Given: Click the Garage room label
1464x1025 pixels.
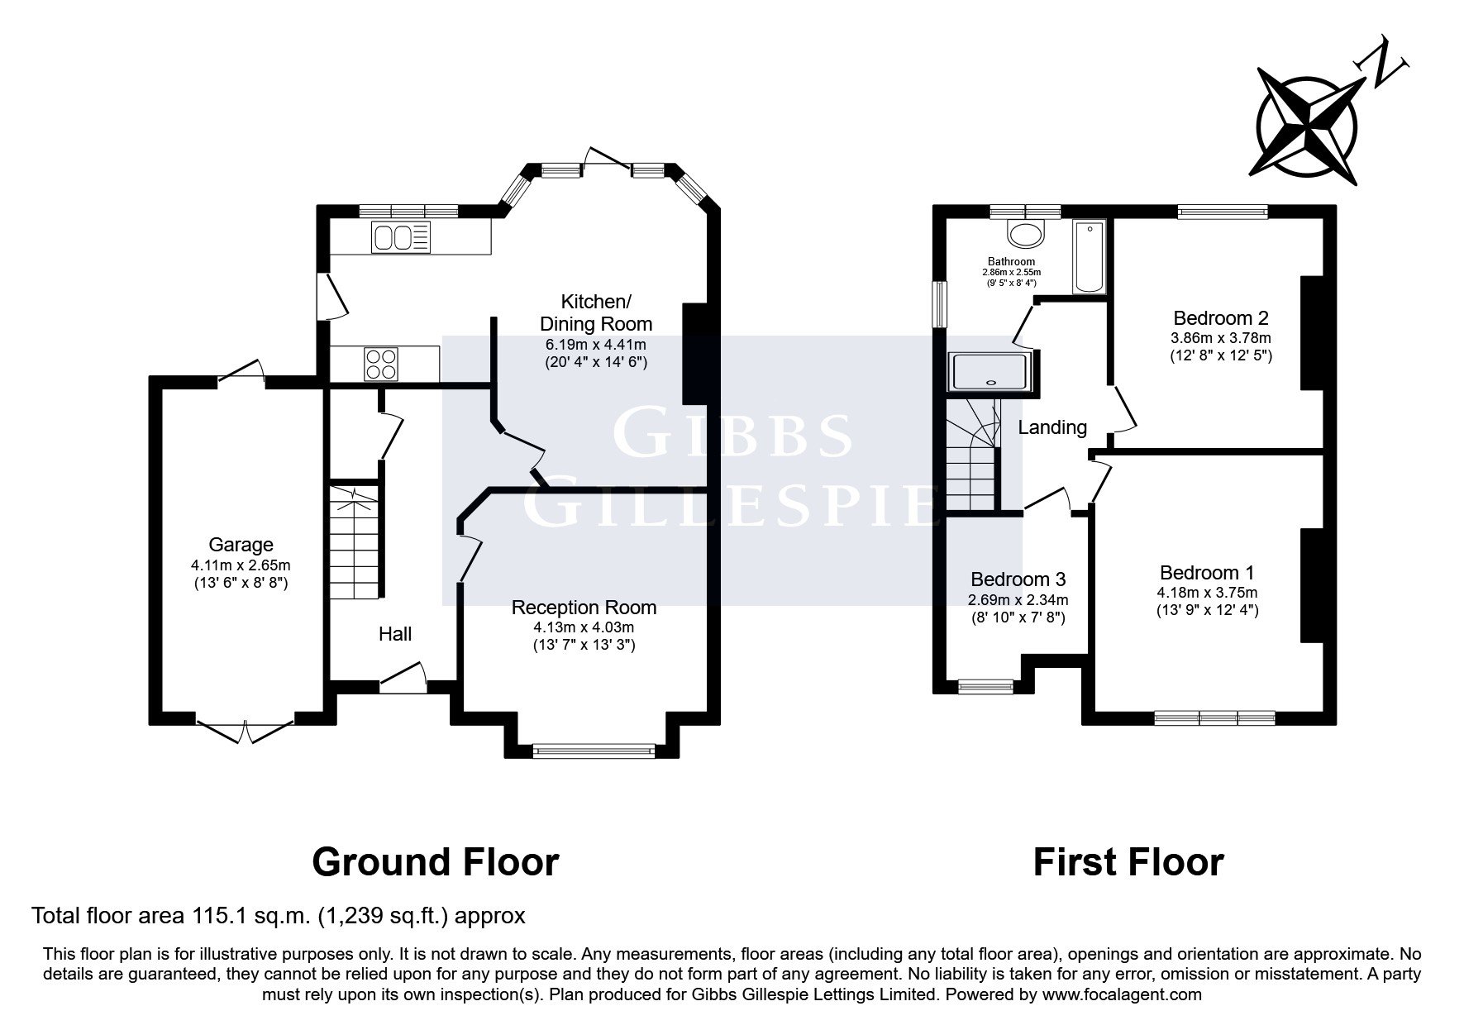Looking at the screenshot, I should pyautogui.click(x=241, y=545).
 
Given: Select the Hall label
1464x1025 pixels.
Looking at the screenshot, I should pyautogui.click(x=395, y=634).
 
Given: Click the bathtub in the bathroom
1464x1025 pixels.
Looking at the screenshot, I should pyautogui.click(x=1089, y=256).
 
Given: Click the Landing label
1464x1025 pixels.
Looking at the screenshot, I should pyautogui.click(x=1052, y=427).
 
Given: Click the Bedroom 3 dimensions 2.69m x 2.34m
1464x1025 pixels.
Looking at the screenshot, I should pyautogui.click(x=1018, y=600).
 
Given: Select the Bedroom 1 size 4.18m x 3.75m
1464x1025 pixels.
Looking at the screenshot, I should pyautogui.click(x=1207, y=593).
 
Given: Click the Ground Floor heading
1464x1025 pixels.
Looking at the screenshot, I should pyautogui.click(x=435, y=862).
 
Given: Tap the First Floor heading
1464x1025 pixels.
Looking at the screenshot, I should pyautogui.click(x=1128, y=862).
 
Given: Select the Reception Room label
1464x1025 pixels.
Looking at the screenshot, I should pyautogui.click(x=584, y=608).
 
